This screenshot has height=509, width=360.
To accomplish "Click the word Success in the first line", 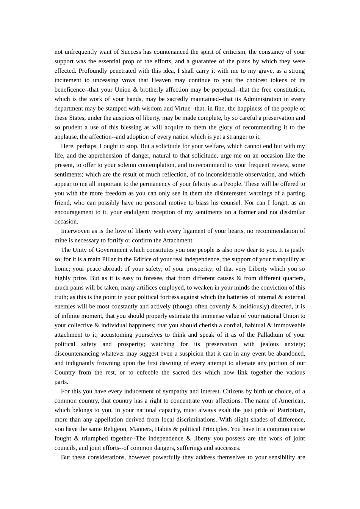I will coord(131,52).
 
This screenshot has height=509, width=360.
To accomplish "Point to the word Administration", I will coord(264,99).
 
